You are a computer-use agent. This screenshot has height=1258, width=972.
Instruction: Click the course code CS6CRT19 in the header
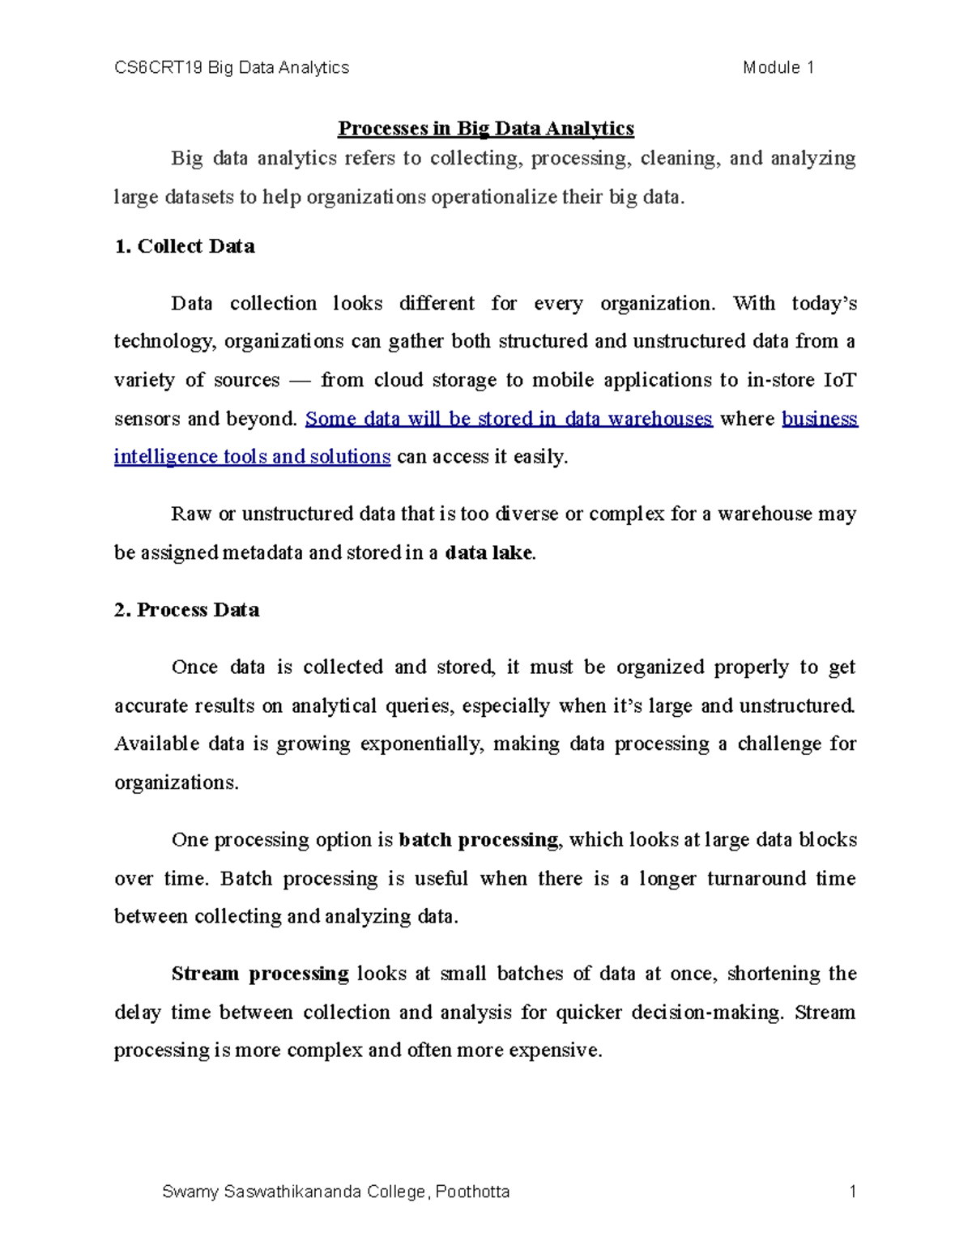159,68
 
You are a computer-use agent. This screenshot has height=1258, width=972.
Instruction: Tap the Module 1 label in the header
778,68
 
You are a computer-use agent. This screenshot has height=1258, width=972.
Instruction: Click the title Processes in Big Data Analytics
485,129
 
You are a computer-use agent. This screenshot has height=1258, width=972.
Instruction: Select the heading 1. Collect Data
185,247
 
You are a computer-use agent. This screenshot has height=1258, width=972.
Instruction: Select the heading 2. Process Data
186,610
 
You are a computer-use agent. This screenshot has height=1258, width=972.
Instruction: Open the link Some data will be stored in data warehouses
508,419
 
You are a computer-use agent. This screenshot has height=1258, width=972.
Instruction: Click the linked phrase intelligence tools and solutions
252,457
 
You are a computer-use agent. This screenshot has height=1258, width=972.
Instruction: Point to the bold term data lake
489,553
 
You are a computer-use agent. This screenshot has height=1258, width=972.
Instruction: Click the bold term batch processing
478,840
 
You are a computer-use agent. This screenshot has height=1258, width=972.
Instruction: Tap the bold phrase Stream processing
259,974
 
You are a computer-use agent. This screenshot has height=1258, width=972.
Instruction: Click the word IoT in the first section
839,381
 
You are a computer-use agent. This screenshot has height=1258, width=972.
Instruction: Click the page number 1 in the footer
852,1192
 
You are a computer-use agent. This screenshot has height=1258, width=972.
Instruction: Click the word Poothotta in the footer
472,1192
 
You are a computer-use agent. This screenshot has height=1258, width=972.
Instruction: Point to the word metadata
263,553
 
